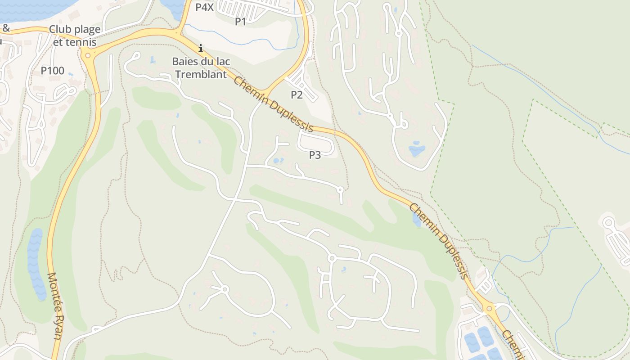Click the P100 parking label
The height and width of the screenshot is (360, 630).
click(53, 71)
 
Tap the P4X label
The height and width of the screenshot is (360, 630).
click(204, 7)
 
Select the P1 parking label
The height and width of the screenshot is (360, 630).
click(241, 21)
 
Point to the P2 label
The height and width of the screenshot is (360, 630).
click(297, 94)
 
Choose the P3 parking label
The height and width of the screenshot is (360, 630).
click(315, 155)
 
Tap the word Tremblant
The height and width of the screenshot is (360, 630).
click(201, 74)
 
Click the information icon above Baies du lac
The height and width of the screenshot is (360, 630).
click(201, 48)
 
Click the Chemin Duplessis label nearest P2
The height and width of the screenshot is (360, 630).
click(273, 104)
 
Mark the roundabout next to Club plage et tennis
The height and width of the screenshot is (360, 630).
click(88, 55)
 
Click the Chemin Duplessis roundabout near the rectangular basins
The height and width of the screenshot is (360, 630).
click(489, 309)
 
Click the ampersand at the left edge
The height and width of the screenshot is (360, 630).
click(6, 28)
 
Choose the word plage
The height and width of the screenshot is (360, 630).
click(88, 29)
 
